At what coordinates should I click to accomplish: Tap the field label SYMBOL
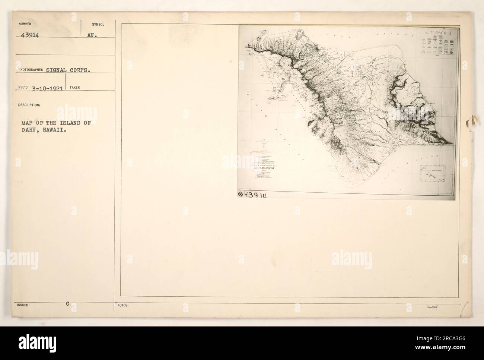coord(98,25)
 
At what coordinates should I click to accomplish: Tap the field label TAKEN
coord(74,88)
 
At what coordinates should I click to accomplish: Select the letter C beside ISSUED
coord(68,303)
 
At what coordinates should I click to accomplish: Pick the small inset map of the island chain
coord(434,174)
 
